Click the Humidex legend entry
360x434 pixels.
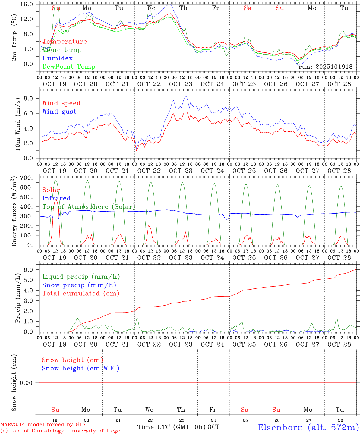[x=57, y=58]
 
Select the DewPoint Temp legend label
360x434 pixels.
[x=69, y=67]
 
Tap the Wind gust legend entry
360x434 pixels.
[x=59, y=112]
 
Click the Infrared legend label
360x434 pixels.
[x=56, y=198]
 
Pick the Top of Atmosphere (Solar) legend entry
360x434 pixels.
[x=88, y=207]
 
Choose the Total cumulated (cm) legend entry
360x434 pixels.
[x=81, y=293]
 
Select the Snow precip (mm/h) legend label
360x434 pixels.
[x=79, y=285]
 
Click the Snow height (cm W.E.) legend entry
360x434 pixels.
[x=80, y=368]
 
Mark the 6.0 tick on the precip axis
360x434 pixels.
[x=32, y=270]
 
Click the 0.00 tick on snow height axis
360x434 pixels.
[x=30, y=383]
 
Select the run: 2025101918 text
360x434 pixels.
[x=325, y=67]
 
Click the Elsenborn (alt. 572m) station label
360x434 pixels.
[x=308, y=427]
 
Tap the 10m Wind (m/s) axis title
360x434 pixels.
[x=17, y=124]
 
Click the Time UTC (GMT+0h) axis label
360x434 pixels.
[x=171, y=427]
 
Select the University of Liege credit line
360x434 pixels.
[x=60, y=431]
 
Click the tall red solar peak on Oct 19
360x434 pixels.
[x=56, y=200]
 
